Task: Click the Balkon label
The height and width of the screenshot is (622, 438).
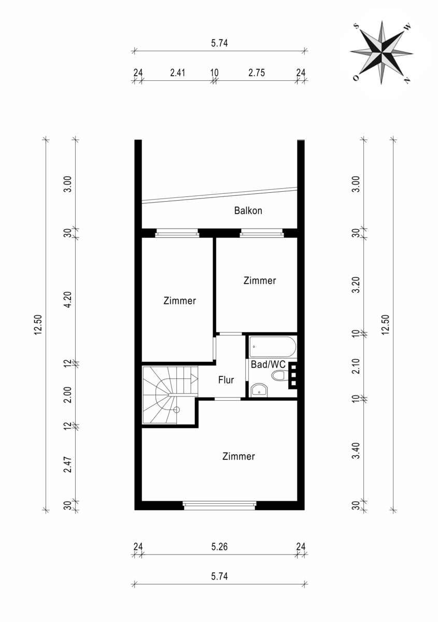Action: tap(248, 210)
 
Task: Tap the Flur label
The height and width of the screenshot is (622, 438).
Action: tap(226, 380)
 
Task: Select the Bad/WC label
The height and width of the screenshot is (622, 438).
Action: tap(268, 364)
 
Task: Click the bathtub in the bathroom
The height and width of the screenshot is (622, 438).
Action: tap(273, 347)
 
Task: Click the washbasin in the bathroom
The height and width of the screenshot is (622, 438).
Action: tap(259, 390)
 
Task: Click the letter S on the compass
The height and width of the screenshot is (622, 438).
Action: tap(356, 26)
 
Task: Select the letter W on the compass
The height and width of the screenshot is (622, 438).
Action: tap(407, 27)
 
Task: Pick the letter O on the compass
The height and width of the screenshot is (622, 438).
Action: tap(356, 78)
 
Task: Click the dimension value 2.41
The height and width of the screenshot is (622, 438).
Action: tap(177, 73)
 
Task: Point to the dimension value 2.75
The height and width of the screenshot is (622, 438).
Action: tap(257, 73)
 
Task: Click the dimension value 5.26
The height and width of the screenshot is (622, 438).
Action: tap(219, 547)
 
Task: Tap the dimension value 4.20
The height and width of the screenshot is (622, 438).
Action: tap(68, 300)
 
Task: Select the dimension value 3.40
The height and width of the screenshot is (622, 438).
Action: tap(356, 450)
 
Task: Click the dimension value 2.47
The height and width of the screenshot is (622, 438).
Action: tap(68, 464)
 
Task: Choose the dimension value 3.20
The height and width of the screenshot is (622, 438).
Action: tap(356, 285)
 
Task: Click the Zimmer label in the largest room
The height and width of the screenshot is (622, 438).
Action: tap(238, 456)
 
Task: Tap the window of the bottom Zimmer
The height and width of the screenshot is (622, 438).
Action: tap(219, 506)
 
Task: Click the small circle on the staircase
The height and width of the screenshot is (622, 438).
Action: tap(177, 409)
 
